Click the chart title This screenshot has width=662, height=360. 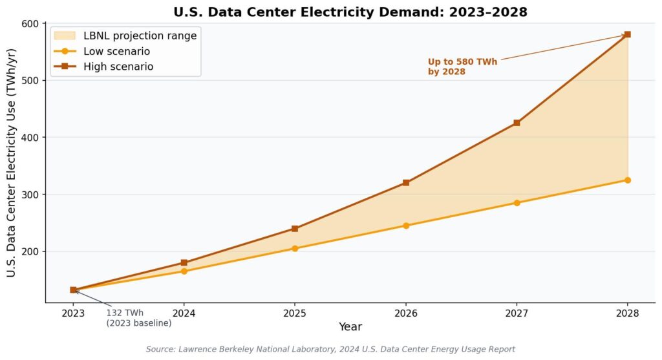[x=350, y=12]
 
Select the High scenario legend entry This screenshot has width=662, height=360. [x=104, y=67]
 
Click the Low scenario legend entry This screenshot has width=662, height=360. [x=102, y=52]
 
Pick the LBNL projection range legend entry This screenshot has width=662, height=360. [x=125, y=36]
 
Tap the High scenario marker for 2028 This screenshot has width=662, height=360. [x=627, y=34]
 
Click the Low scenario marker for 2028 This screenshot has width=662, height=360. [x=627, y=180]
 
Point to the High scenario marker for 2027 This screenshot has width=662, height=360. [x=517, y=123]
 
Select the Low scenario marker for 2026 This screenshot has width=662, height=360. [x=406, y=226]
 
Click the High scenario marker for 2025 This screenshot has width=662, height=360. [x=295, y=229]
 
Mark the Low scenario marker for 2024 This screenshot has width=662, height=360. [x=184, y=271]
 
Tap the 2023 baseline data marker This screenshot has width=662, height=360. [x=73, y=290]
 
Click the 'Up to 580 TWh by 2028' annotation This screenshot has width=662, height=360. [x=462, y=67]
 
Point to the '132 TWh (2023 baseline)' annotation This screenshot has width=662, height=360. [x=139, y=318]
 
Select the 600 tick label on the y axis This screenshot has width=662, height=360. [x=30, y=24]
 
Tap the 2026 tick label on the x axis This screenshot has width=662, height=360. [x=406, y=313]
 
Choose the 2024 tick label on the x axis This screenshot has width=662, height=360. [x=184, y=313]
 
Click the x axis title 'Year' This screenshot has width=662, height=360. [x=350, y=326]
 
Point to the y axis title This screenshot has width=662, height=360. [x=11, y=163]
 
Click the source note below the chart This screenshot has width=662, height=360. [x=330, y=350]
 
